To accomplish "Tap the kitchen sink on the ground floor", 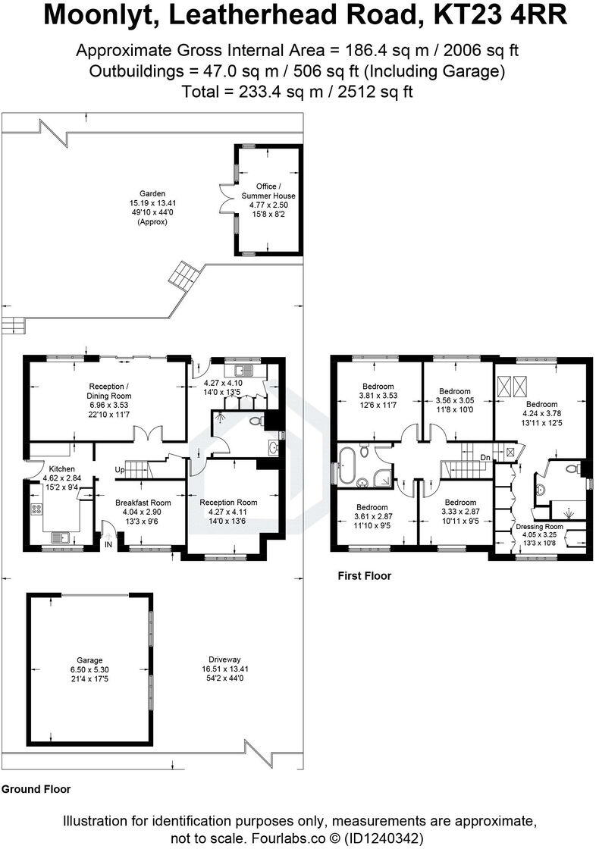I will (x=58, y=538).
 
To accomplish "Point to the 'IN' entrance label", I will (x=108, y=544).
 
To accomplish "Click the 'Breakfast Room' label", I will (x=143, y=503).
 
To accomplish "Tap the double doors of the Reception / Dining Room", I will (x=146, y=434).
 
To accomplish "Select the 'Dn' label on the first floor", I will (x=485, y=457).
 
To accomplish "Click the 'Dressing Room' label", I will (x=539, y=526).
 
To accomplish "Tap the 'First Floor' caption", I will (x=364, y=576).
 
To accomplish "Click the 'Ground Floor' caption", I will (x=36, y=789).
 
